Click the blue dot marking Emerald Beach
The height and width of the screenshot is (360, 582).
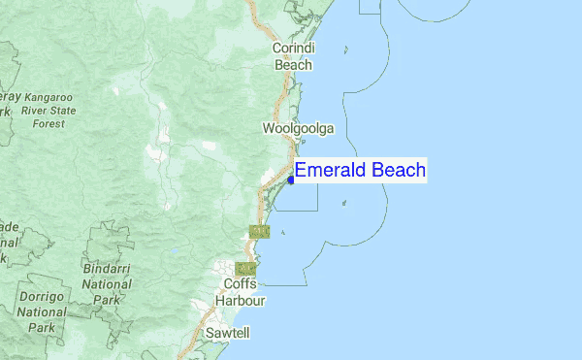[291, 180]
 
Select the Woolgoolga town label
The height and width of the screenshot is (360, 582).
[298, 128]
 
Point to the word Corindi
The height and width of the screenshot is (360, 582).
[294, 48]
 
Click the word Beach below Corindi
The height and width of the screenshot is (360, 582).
[294, 65]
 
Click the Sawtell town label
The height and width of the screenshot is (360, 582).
[228, 333]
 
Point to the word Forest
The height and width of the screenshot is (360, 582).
[48, 124]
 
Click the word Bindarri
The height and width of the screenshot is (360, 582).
[107, 267]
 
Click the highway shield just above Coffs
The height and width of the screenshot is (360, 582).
[245, 268]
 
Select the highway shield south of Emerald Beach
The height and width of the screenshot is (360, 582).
[258, 231]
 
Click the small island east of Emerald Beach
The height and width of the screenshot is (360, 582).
[345, 204]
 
